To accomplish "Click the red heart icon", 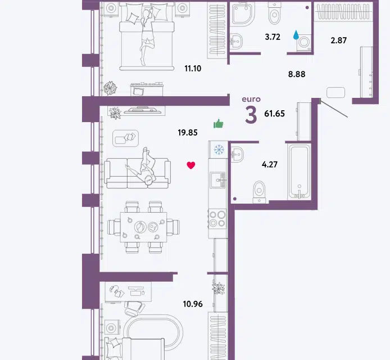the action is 191,165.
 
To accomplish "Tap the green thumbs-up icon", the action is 219,124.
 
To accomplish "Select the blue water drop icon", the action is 296,35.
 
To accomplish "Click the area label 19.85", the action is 188,133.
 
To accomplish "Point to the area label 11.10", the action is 193,69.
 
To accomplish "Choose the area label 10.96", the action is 193,304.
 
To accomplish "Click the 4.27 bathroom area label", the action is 270,165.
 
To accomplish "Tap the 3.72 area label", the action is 273,37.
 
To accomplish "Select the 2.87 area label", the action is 338,40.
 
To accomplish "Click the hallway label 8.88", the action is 297,74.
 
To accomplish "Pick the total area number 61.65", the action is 275,114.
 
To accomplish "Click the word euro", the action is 251,99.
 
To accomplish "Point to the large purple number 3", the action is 251,115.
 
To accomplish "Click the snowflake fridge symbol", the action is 219,150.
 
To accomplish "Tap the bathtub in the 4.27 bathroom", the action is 300,172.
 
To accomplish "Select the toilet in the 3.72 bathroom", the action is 275,13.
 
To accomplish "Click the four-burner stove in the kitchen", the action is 217,219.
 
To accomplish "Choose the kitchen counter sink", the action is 218,180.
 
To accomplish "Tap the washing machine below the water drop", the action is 303,43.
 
